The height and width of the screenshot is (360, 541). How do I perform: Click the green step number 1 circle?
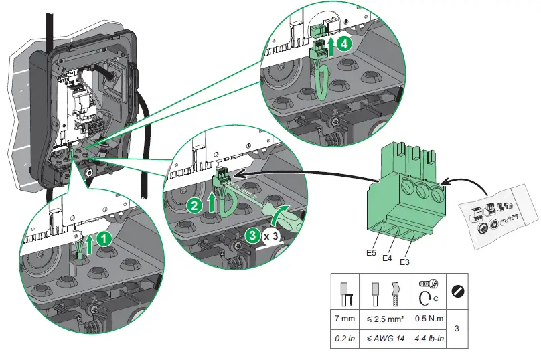point(102,237)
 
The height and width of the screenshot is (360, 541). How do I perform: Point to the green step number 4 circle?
point(343,43)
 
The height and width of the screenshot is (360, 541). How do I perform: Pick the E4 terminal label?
point(387,257)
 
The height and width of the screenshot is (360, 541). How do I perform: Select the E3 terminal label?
point(404,262)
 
